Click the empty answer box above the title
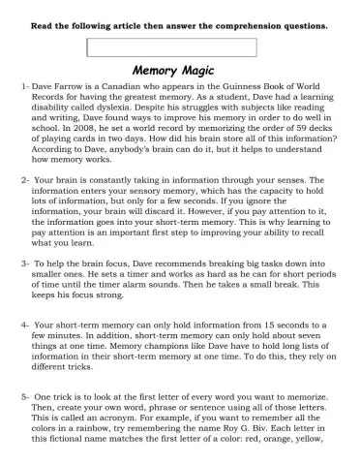[172, 46]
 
